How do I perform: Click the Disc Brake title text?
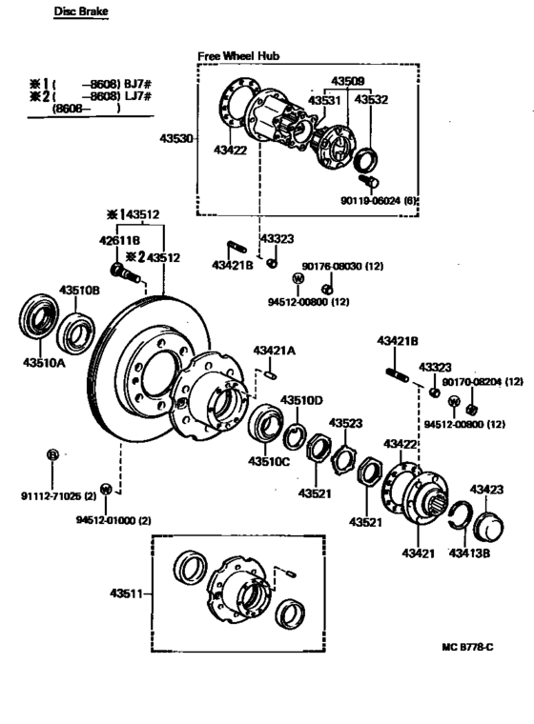[x=80, y=12]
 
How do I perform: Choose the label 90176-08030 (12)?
[x=342, y=266]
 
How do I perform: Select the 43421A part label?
[x=275, y=351]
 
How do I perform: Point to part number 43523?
[x=346, y=422]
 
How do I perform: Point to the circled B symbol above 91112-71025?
[x=52, y=454]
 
